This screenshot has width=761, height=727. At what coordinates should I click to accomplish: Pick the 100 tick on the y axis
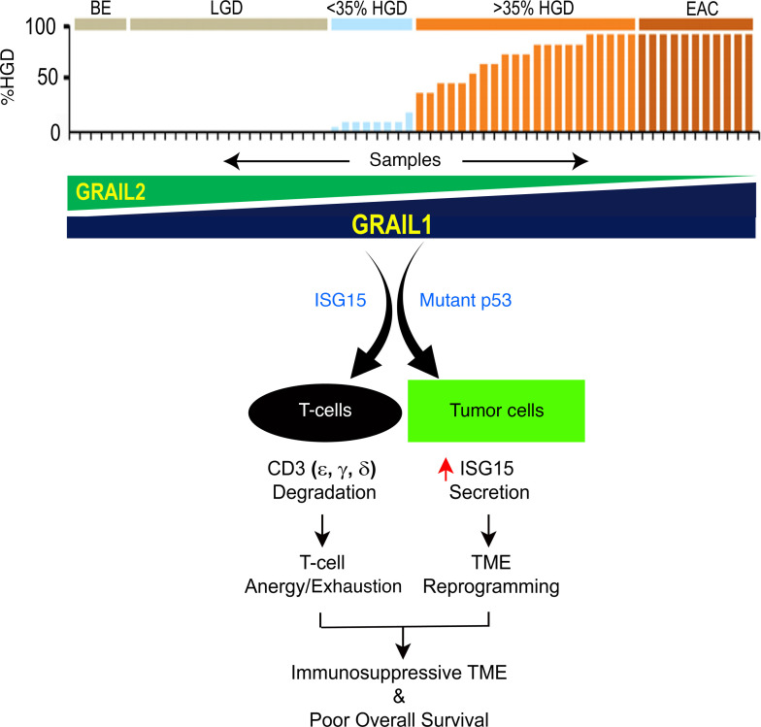coord(48,27)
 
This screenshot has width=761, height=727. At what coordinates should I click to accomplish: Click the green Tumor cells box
coord(495,411)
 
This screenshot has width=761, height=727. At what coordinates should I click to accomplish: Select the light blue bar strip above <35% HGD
coord(372,24)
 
